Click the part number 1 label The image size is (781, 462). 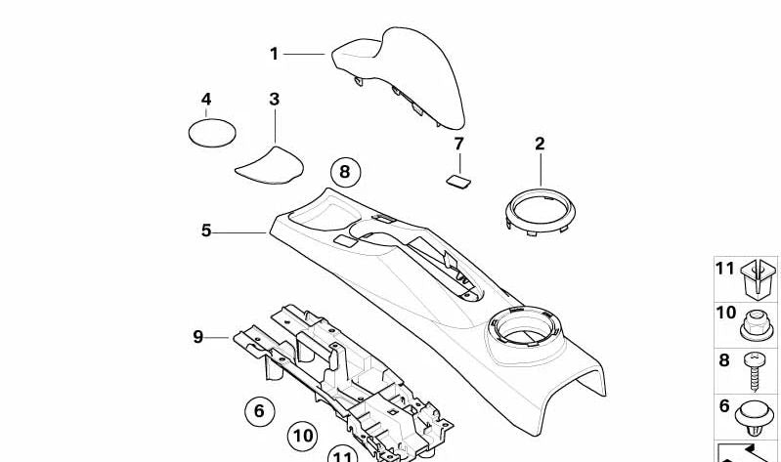(275, 55)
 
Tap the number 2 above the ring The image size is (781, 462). (539, 145)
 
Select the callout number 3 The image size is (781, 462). (274, 100)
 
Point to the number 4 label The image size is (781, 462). (206, 100)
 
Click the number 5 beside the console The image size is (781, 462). (206, 231)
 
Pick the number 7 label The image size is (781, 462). (458, 145)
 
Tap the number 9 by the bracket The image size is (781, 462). (197, 338)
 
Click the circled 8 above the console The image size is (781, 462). (344, 174)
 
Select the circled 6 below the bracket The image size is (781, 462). (259, 411)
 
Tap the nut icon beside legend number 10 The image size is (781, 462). (755, 320)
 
